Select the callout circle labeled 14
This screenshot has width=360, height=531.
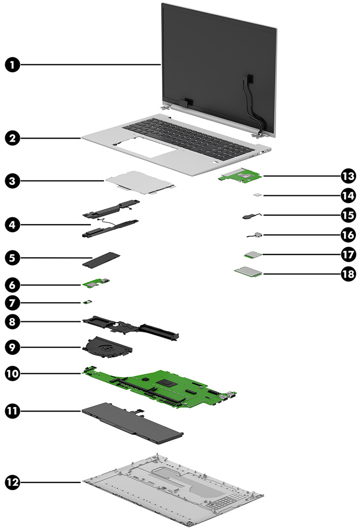(x=348, y=195)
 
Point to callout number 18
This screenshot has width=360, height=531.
(x=348, y=274)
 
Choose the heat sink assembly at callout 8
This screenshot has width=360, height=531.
(x=133, y=328)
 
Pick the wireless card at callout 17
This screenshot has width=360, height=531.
(x=251, y=254)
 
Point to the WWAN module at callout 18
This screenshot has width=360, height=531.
(x=248, y=273)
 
